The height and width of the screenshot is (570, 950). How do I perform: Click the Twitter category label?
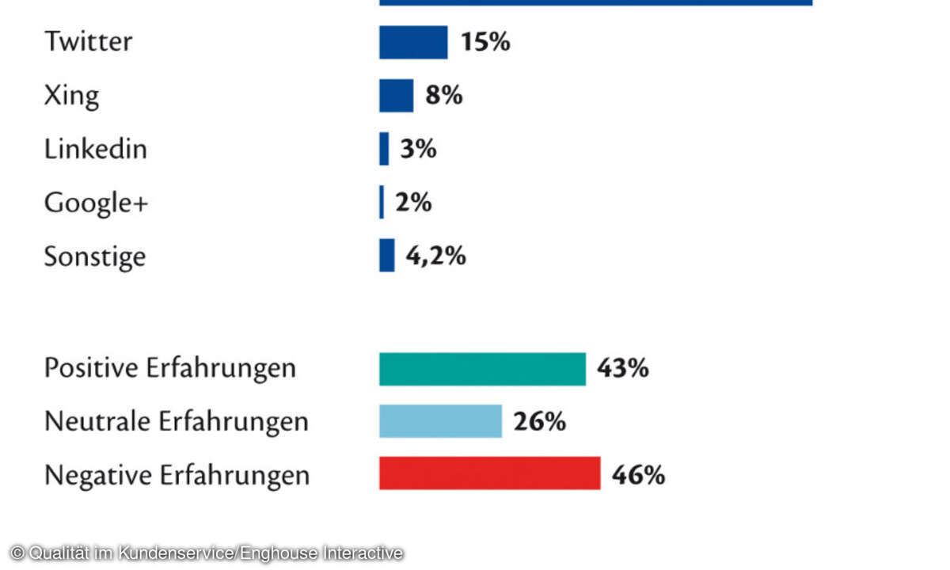pos(88,42)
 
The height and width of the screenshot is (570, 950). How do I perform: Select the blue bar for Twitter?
pos(413,42)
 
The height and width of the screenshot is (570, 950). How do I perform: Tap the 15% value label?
pos(485,42)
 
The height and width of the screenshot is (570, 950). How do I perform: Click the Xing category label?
pos(71,96)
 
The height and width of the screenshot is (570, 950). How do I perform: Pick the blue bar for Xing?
pos(396,96)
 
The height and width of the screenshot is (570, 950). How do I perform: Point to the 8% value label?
pos(443,96)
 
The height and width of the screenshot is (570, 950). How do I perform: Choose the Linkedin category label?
pos(95,149)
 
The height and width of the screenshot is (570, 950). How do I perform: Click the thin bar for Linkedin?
pos(384,149)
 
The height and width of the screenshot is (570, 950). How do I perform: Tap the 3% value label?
pos(418,149)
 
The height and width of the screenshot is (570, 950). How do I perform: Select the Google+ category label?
pos(96,203)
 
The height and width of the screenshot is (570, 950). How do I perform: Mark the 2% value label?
pos(413,203)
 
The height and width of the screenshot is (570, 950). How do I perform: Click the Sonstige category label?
pos(94,256)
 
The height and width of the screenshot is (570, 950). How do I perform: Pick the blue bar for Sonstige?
pos(386,256)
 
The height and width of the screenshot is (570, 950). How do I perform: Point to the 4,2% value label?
pos(435,256)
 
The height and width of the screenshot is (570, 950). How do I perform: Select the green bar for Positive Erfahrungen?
pos(482,369)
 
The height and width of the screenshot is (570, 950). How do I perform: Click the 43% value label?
pos(623,369)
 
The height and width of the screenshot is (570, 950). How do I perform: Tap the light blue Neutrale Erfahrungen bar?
pos(440,421)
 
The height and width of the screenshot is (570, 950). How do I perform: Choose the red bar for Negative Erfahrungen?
pos(489,473)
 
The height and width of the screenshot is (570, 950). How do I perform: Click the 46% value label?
pos(638,475)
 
